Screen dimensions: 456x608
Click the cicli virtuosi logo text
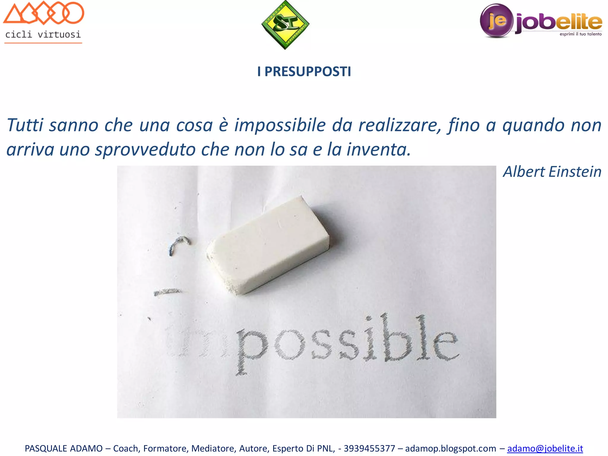(43, 34)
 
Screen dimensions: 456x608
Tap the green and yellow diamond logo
(285, 25)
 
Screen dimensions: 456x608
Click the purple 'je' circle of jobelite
(496, 20)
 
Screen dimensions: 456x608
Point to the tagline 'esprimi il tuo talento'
(580, 34)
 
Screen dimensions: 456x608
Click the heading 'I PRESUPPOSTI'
(304, 72)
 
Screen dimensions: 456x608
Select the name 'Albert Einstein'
(552, 172)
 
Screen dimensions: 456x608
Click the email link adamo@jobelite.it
(545, 448)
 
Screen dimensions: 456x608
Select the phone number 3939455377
(369, 448)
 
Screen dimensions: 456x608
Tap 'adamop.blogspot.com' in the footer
(450, 448)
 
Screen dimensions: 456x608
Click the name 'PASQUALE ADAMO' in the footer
(64, 448)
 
